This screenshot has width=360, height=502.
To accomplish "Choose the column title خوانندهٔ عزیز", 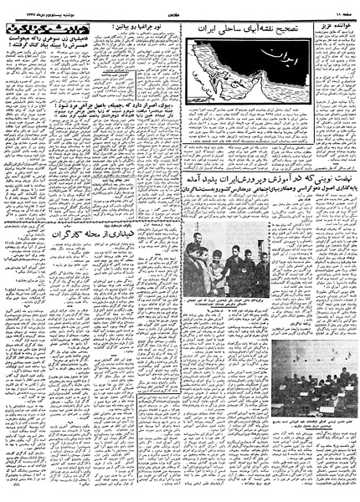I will (333, 27).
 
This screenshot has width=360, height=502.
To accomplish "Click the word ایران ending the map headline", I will (205, 28).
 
